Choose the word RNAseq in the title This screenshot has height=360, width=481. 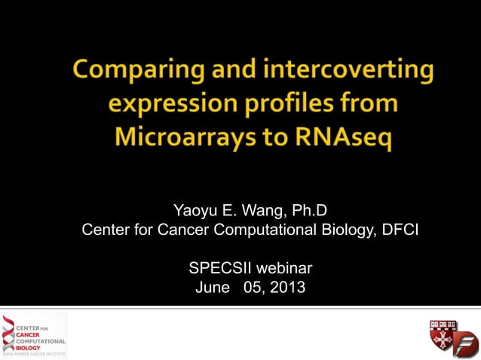(346, 139)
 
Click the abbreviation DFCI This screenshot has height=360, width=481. (397, 229)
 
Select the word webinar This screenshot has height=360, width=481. (286, 267)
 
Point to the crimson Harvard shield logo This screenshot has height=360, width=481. (443, 334)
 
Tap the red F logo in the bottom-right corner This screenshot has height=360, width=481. (466, 346)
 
